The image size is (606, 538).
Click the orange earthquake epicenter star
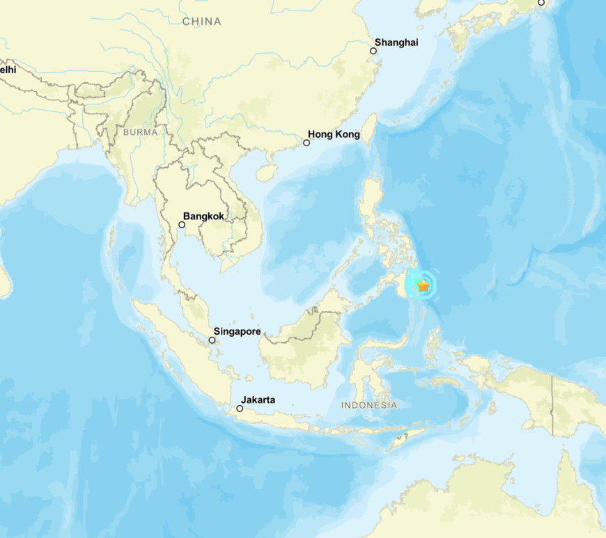[x=424, y=285]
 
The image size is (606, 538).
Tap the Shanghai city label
[x=396, y=42]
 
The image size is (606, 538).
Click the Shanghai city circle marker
[x=373, y=51]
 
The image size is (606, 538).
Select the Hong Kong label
[x=334, y=134]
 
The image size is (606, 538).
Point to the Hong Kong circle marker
[x=306, y=143]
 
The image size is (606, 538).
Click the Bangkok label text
[x=203, y=216]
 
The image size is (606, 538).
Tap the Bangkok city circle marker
[x=182, y=225]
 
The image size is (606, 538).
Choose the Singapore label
[x=237, y=331]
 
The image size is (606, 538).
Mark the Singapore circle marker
[x=212, y=340]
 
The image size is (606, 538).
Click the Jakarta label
[x=258, y=399]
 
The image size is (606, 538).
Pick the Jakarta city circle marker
[x=240, y=409]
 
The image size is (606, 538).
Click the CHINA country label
[x=202, y=22]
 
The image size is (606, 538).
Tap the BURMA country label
[x=140, y=132]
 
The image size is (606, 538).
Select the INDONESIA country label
[x=369, y=405]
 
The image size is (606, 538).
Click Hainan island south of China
[x=265, y=171]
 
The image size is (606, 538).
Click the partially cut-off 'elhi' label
[x=8, y=70]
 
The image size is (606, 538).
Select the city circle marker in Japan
[x=541, y=2]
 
